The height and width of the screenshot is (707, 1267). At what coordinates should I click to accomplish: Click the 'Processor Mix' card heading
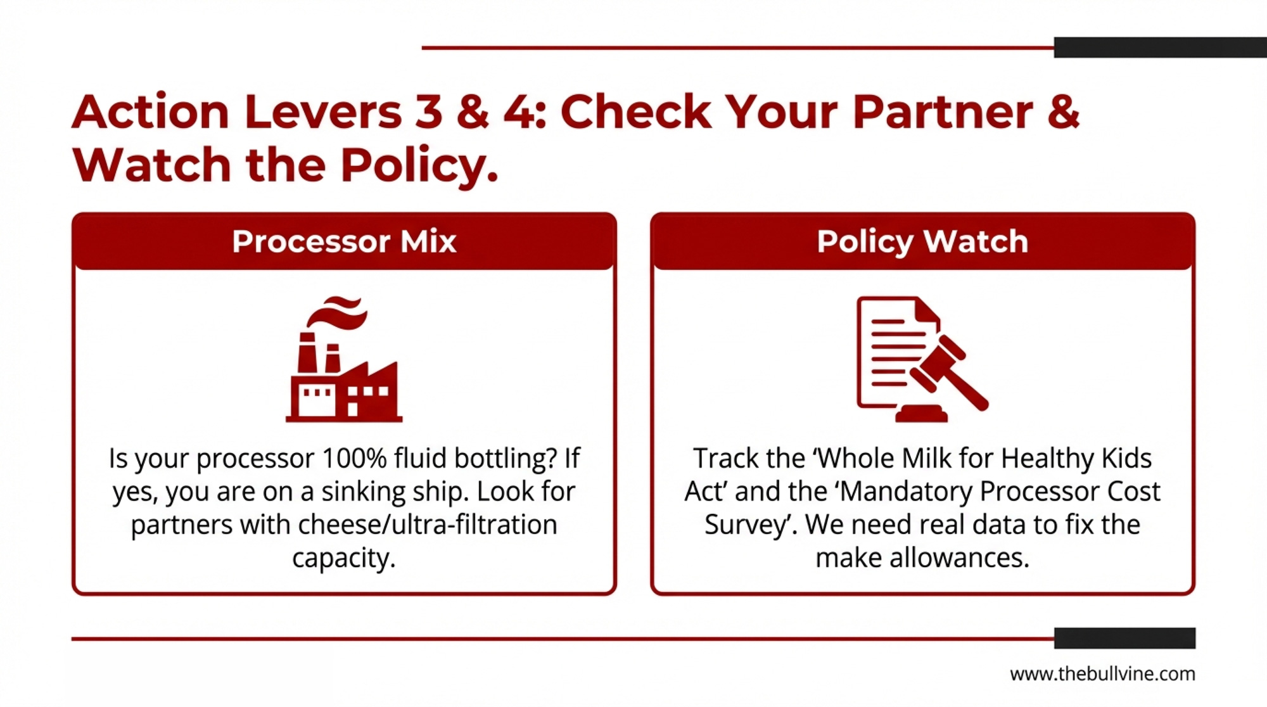point(344,241)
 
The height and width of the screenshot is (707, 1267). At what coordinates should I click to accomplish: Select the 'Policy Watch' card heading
point(922,241)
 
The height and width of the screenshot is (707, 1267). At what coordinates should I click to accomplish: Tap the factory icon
point(344,359)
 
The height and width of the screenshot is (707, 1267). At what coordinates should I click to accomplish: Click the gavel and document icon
point(922,359)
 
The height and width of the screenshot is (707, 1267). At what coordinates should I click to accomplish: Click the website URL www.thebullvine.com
point(1102,673)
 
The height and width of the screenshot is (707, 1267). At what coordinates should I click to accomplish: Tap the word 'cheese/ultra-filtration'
point(428,525)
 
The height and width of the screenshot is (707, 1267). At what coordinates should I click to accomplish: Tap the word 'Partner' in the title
point(943,112)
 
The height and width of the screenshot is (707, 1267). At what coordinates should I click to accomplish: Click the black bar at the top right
point(1161,48)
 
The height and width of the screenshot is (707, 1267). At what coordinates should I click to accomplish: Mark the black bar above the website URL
point(1125,638)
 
